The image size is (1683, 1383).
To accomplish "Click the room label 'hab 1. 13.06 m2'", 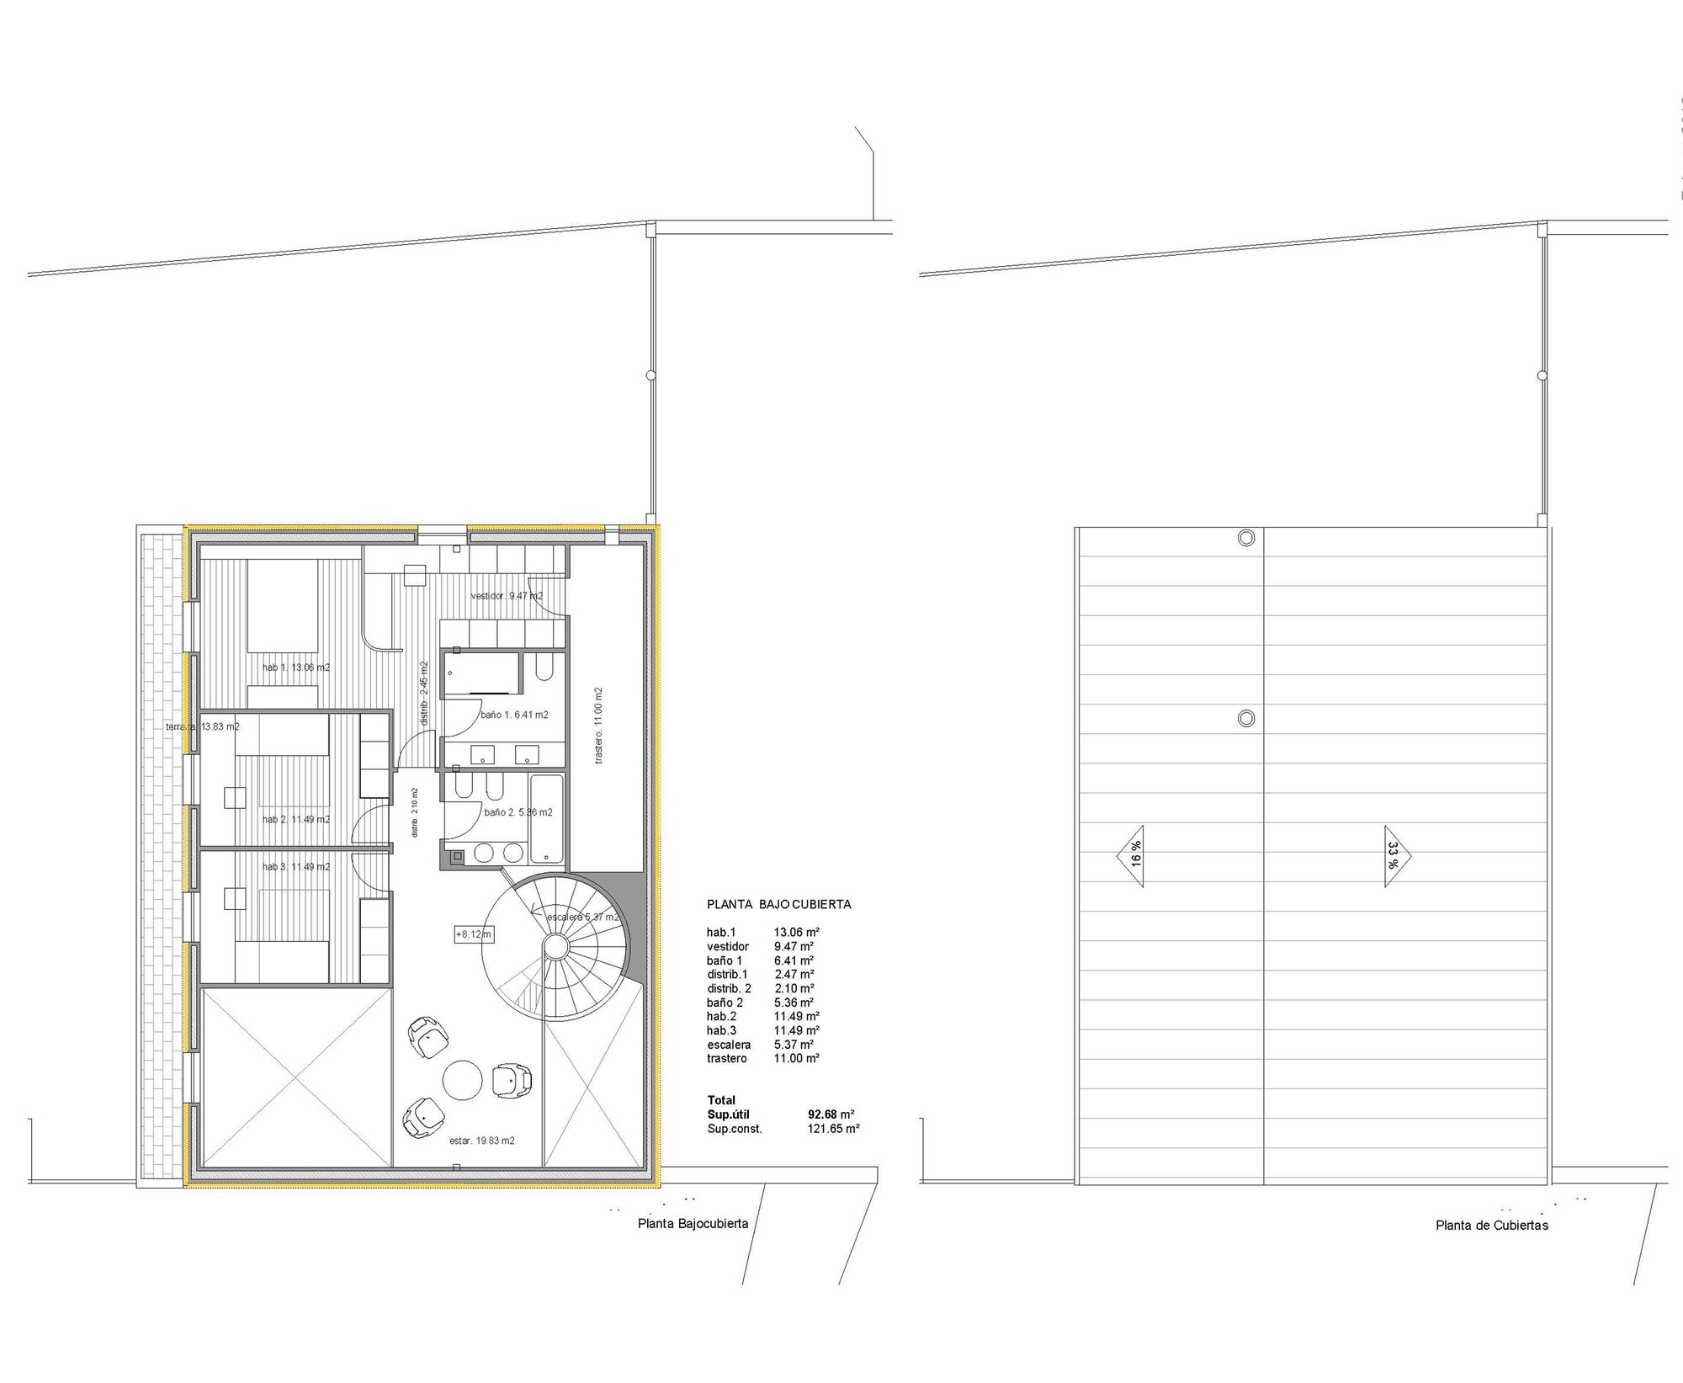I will pos(296,668).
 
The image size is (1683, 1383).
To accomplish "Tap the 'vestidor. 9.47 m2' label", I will pos(507,596).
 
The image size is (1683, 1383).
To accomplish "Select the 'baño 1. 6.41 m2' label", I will pos(514,715).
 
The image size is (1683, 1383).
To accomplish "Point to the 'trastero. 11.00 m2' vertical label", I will pos(598,726).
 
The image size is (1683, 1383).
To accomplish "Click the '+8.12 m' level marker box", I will pos(474,934).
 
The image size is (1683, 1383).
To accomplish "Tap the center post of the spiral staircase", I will pos(555,946).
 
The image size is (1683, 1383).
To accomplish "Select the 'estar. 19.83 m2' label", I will pos(482,1141).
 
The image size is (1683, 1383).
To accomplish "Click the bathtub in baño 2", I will pos(546,819).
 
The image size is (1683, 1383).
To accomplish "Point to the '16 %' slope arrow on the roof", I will pos(1133,855).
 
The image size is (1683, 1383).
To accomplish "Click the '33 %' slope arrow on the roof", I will pos(1395,855).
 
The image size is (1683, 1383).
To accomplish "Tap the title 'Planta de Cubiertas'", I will pos(1492,1226).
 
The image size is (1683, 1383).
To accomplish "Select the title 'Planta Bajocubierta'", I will pos(693,1224).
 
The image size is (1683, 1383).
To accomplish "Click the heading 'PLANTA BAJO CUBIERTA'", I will pos(778,905).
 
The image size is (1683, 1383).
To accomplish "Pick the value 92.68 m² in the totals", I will pos(831,1114).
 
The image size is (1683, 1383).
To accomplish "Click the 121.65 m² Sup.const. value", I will pos(833,1129).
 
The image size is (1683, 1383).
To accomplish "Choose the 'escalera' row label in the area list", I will pos(729,1045).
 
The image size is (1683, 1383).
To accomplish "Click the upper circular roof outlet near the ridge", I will pos(1245,538).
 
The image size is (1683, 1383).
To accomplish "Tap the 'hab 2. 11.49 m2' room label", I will pos(296,819).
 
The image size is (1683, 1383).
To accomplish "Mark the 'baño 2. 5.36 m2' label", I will pos(518,812).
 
